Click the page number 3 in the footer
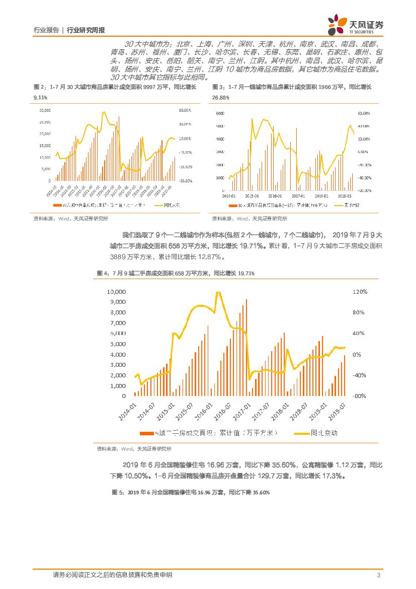(x=377, y=575)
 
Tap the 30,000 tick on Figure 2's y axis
(x=44, y=110)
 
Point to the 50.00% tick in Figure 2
(x=185, y=110)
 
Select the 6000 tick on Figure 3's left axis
(x=219, y=113)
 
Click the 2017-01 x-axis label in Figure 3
(x=298, y=196)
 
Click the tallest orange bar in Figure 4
(x=246, y=348)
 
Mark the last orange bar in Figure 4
(x=345, y=375)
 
